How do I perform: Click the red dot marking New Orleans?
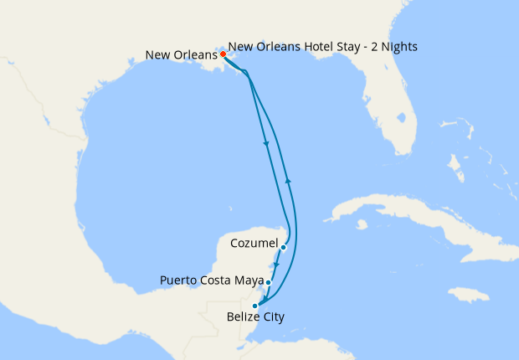tap(223, 55)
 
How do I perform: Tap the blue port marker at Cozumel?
tap(284, 247)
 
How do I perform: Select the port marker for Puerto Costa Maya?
tap(269, 282)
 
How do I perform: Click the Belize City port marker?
tap(254, 306)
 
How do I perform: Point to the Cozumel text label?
tap(253, 244)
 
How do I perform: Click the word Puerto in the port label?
tap(180, 280)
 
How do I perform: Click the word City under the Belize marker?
tap(273, 317)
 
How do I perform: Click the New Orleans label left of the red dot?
tap(182, 56)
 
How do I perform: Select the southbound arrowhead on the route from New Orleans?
tap(266, 144)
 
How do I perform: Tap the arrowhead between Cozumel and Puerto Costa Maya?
tap(276, 265)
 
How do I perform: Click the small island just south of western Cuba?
tap(361, 224)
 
